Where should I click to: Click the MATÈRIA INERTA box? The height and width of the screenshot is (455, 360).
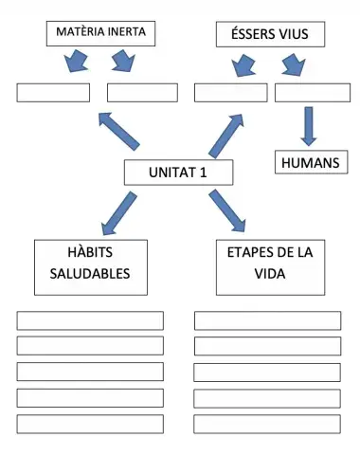coord(100,32)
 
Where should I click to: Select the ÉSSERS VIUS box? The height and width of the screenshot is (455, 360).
coord(270,35)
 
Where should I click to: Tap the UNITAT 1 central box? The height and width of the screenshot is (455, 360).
coord(178,173)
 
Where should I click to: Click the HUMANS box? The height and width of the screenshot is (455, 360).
coord(310,163)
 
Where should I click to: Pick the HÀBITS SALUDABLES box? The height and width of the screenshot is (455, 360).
coord(91,266)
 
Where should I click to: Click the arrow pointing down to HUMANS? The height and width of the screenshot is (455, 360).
coord(309,124)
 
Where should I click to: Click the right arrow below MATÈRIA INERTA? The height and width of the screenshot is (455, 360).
coord(124,64)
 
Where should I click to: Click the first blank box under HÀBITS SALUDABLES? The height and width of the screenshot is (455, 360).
coord(90,320)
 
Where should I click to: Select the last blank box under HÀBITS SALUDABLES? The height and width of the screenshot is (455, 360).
coord(90,424)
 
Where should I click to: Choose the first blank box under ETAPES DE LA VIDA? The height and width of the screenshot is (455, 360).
coord(267,320)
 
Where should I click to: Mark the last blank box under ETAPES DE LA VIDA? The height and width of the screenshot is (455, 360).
coord(267,424)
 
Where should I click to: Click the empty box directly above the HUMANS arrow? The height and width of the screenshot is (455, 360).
coord(312,93)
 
